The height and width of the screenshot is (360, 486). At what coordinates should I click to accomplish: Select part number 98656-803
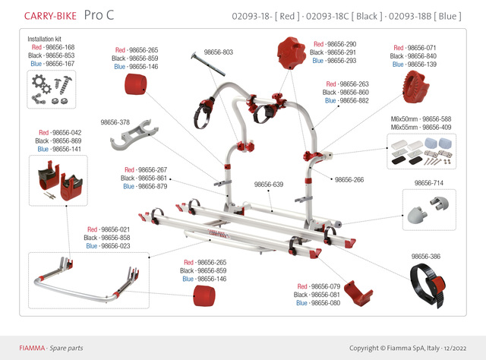(217, 52)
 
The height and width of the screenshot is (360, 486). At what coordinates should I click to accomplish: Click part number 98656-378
(115, 122)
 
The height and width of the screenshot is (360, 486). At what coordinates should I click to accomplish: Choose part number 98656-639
(268, 185)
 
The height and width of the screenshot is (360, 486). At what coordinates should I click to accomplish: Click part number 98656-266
(349, 180)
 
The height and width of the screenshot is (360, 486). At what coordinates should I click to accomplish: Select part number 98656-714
(429, 184)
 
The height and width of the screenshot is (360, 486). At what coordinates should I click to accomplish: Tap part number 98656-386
(426, 257)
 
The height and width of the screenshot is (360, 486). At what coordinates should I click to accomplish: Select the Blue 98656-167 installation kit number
(52, 63)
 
